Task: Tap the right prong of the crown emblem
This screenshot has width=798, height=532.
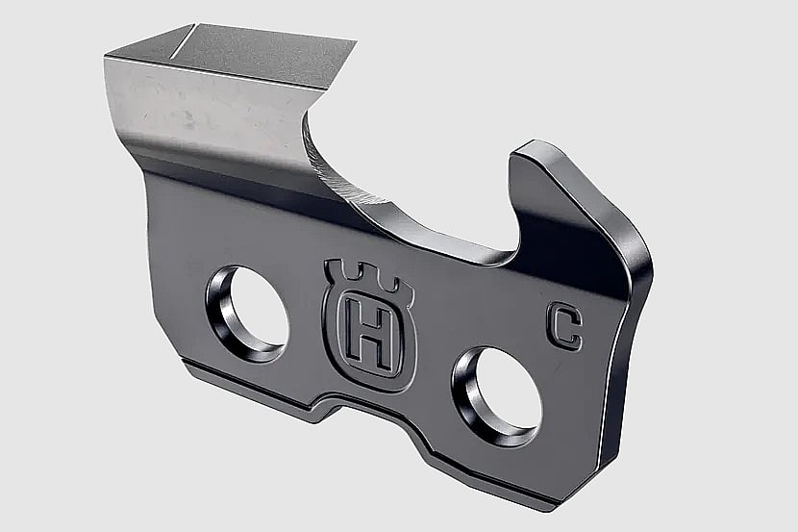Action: pos(398,286)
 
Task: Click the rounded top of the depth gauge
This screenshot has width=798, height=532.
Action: pos(534,147)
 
